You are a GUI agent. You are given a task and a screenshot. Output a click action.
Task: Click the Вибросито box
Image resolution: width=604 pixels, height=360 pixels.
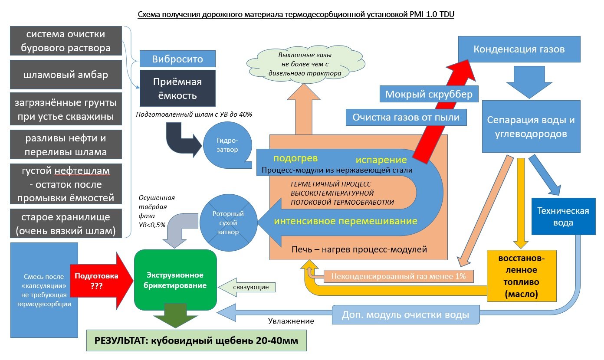(x=177, y=59)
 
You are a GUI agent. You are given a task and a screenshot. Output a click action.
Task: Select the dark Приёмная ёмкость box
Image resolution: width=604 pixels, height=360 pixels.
(x=177, y=88)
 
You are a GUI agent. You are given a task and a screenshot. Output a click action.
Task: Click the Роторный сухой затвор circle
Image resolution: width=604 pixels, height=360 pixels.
(x=228, y=223)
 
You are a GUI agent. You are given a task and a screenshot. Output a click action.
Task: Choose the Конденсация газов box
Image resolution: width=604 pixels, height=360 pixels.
(x=519, y=49)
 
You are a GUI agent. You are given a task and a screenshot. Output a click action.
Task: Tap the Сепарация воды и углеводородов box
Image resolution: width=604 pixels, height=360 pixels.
(x=531, y=126)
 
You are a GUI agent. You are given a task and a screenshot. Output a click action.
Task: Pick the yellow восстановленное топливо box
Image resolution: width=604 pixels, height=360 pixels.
(x=521, y=275)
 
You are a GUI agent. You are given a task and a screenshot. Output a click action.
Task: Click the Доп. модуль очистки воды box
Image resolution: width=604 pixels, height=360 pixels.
(x=406, y=314)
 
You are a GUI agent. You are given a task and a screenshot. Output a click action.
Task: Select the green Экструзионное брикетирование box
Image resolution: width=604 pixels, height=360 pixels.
(x=175, y=280)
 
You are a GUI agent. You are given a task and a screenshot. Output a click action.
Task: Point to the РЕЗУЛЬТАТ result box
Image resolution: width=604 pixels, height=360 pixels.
(x=197, y=340)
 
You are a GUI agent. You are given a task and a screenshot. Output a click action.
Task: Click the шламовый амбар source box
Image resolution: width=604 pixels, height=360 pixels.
(x=66, y=75)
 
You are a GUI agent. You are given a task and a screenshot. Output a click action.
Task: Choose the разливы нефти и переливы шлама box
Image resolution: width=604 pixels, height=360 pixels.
(x=66, y=145)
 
